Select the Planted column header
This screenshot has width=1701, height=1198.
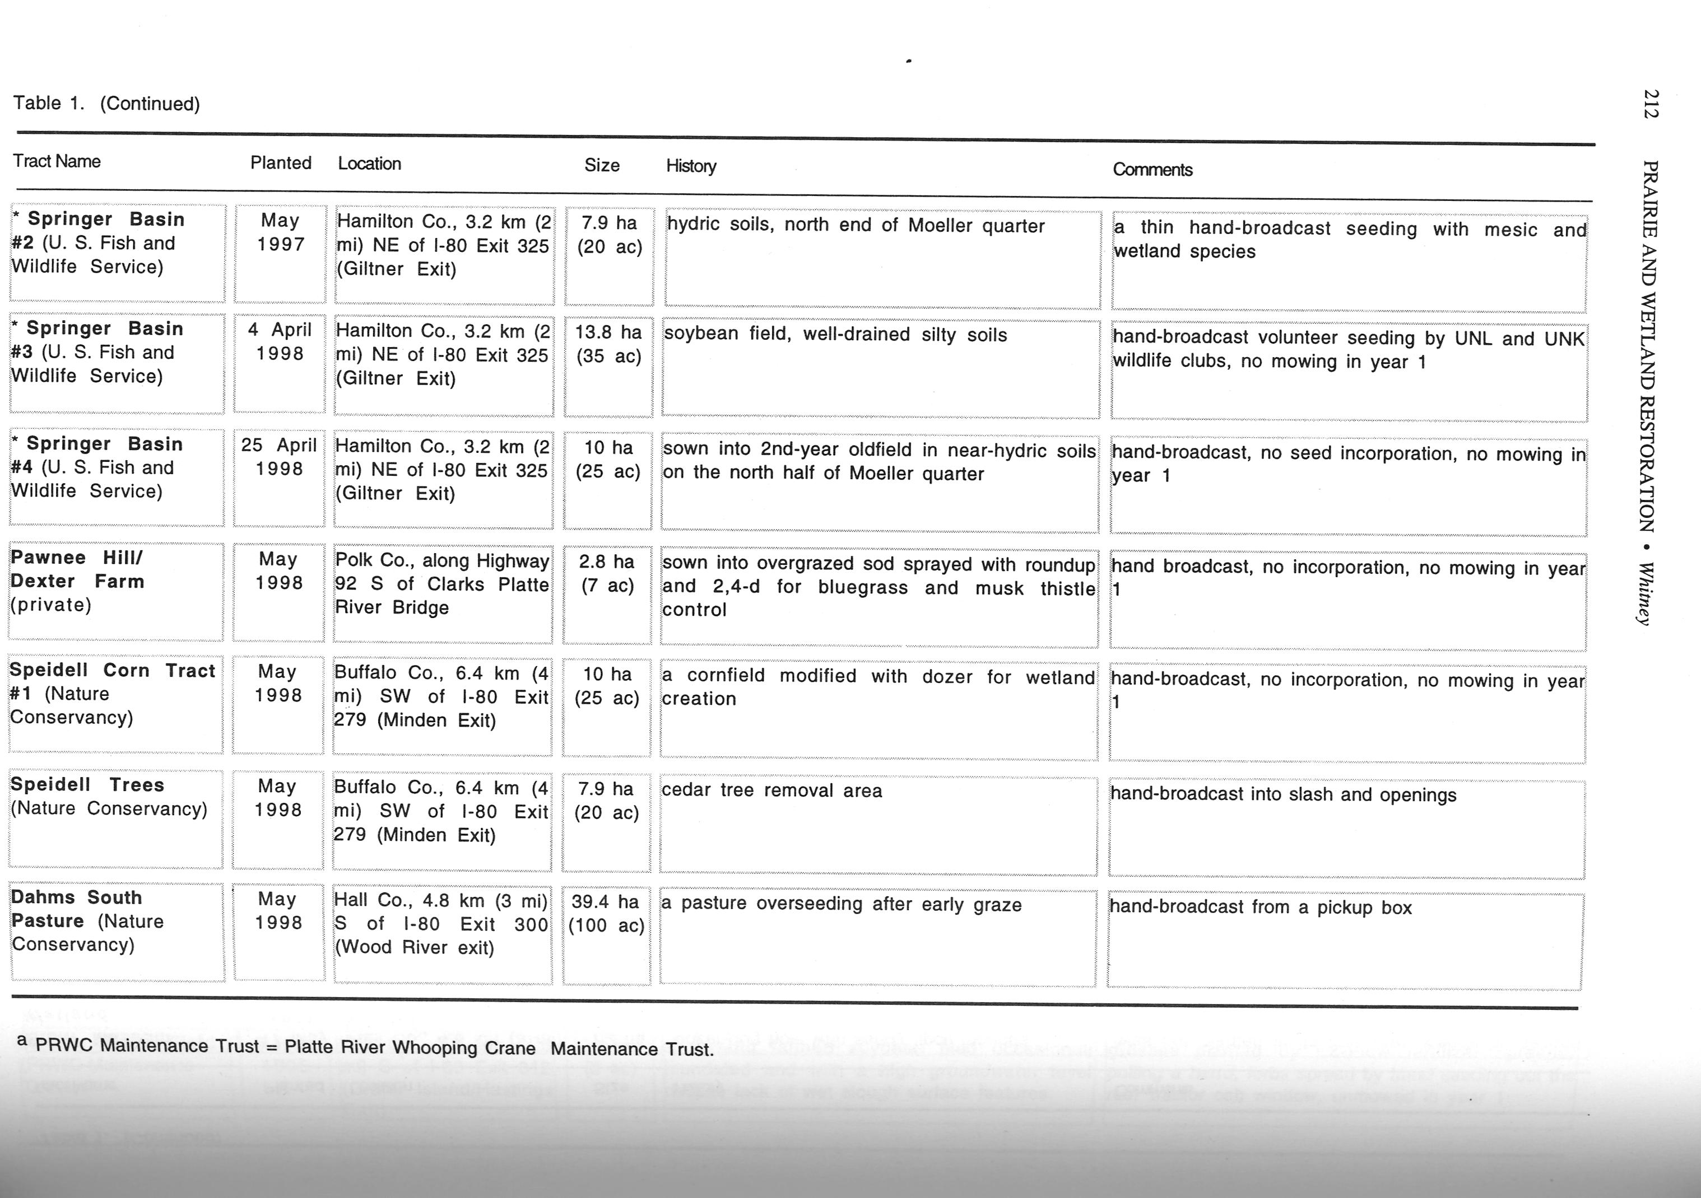tap(280, 163)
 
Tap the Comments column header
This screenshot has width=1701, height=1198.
tap(1152, 170)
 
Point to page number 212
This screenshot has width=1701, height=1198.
tap(1651, 104)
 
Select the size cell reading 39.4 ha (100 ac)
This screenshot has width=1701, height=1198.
tap(606, 914)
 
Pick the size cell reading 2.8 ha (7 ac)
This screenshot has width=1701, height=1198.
tap(607, 574)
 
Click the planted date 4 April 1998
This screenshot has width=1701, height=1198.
tap(280, 341)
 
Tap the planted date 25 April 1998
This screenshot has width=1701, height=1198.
tap(278, 457)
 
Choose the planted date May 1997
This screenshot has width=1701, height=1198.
tap(280, 232)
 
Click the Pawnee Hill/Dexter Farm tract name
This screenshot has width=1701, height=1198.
tap(77, 581)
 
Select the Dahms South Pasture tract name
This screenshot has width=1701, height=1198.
tap(87, 920)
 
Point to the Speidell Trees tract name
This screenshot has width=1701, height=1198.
tap(108, 797)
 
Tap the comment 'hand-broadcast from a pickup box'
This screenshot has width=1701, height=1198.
tap(1260, 907)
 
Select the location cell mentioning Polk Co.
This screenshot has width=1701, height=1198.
tap(441, 584)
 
